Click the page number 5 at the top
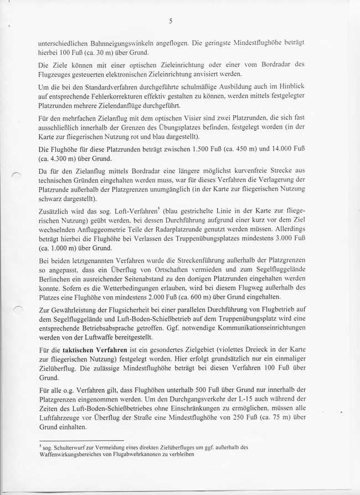pos(171,21)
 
